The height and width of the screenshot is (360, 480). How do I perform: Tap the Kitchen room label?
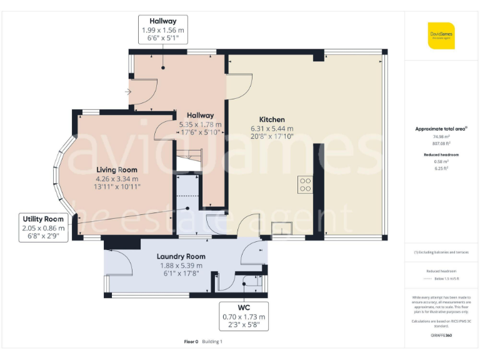click(272, 119)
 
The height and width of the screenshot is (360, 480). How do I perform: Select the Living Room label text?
click(116, 169)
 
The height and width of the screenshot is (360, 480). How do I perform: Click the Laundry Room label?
click(181, 256)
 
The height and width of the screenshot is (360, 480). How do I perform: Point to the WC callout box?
click(244, 316)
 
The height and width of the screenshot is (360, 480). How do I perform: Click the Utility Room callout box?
click(43, 224)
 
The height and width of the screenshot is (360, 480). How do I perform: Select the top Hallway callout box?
click(162, 30)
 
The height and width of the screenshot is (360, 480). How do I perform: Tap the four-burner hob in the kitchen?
click(306, 185)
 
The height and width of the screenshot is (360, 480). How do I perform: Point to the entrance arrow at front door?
click(128, 92)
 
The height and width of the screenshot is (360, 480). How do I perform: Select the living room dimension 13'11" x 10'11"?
click(117, 186)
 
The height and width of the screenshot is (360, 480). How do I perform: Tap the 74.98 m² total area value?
click(442, 136)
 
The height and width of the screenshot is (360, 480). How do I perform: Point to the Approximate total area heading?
click(442, 129)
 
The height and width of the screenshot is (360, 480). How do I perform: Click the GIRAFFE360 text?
click(441, 336)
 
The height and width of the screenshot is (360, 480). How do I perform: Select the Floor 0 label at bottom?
click(191, 342)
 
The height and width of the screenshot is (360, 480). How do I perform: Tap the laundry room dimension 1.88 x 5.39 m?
click(181, 265)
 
